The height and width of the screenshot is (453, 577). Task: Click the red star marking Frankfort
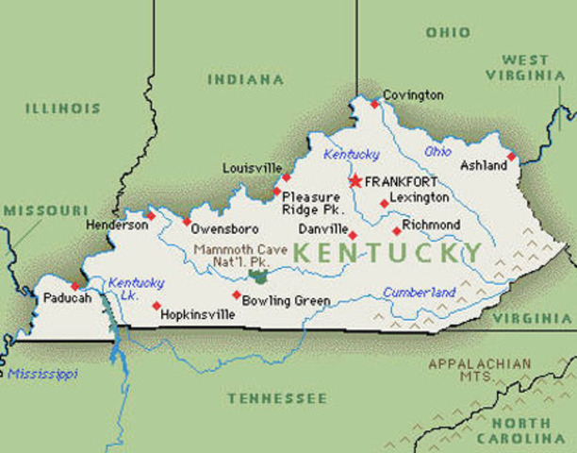pos(355,180)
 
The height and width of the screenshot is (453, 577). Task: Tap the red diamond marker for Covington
pos(374,104)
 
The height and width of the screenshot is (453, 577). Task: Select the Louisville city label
pos(252,168)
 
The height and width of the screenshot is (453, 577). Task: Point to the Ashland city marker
pos(511,157)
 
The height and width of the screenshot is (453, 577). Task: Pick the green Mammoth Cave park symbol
pos(257,277)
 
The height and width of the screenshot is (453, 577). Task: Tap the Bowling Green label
pos(287,301)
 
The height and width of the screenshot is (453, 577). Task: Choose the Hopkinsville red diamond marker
pos(157,305)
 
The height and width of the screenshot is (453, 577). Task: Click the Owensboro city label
pos(225,228)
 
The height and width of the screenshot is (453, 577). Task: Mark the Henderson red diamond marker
pos(150,215)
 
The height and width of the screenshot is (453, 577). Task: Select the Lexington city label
pos(420,197)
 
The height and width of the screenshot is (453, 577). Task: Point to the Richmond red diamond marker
pos(396,230)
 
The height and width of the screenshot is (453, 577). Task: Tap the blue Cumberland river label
pos(419,292)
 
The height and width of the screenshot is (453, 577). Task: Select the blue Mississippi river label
pos(42,374)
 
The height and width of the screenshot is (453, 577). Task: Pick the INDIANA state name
pos(245,79)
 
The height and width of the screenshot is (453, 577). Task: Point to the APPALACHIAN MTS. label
pos(479,369)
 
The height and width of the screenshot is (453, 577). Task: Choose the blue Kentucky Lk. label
pos(136,289)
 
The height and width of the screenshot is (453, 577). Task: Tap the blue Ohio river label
pos(437,151)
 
